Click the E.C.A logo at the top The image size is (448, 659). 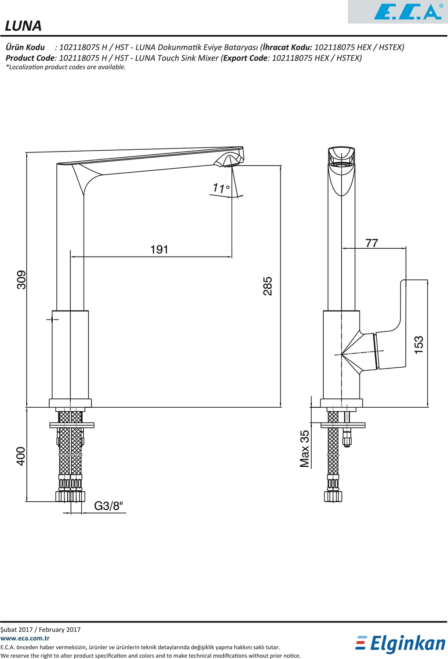click(x=408, y=11)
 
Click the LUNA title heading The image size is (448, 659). click(x=23, y=26)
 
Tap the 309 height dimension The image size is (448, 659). click(x=21, y=280)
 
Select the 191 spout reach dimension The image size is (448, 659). click(x=159, y=250)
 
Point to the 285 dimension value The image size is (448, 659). click(x=268, y=286)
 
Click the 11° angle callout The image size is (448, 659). click(x=221, y=188)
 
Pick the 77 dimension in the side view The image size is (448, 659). click(x=372, y=243)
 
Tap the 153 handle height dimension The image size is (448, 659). click(x=418, y=344)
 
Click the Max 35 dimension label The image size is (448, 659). click(x=305, y=449)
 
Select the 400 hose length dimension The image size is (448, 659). click(x=21, y=456)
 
